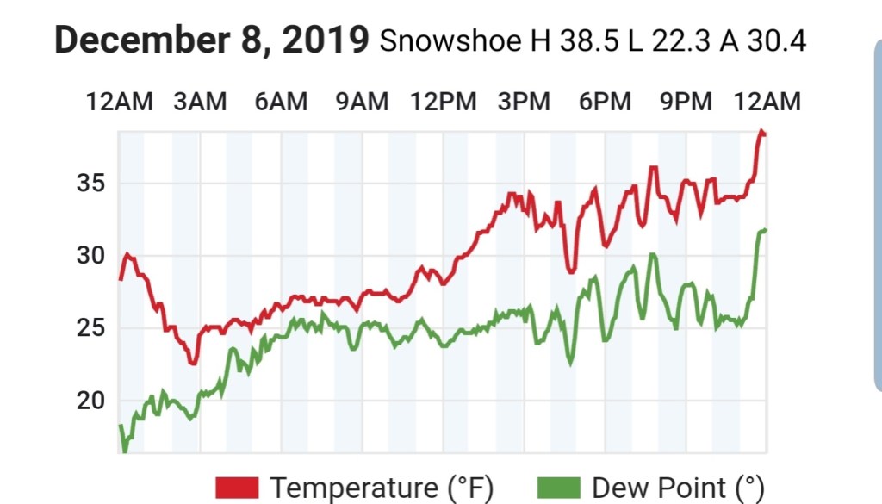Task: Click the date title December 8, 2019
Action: (212, 40)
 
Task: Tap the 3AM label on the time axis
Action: (200, 102)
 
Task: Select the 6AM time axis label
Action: (281, 102)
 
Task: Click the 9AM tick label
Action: (362, 102)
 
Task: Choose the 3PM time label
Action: (525, 102)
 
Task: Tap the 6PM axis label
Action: (605, 102)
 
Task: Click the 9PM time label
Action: (686, 102)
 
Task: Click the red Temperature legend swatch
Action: (237, 488)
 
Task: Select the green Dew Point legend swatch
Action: (560, 488)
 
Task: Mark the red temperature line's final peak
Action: (761, 131)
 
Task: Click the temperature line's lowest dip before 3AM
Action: (193, 364)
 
